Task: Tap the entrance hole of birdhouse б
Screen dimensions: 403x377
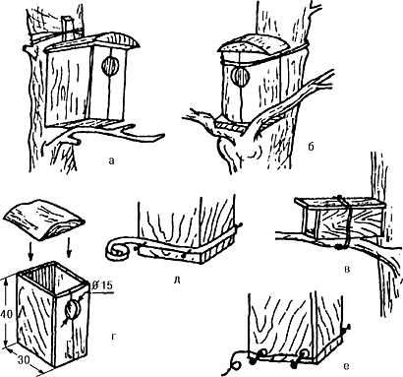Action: coord(241,77)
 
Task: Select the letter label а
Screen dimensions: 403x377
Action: coord(112,160)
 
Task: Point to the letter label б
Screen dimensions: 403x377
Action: coord(311,146)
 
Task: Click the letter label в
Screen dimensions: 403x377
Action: coord(348,270)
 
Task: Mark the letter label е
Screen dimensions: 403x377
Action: coord(347,365)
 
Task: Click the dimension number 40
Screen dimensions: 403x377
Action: coord(7,314)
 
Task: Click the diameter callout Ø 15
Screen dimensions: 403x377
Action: coord(102,284)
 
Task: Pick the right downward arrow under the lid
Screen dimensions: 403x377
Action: coord(69,250)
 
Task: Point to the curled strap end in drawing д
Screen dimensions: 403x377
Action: coord(115,250)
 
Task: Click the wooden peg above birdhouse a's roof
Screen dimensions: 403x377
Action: coord(68,26)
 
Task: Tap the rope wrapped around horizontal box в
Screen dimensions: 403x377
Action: coord(343,223)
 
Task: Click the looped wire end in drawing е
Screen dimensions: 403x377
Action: coord(234,365)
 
